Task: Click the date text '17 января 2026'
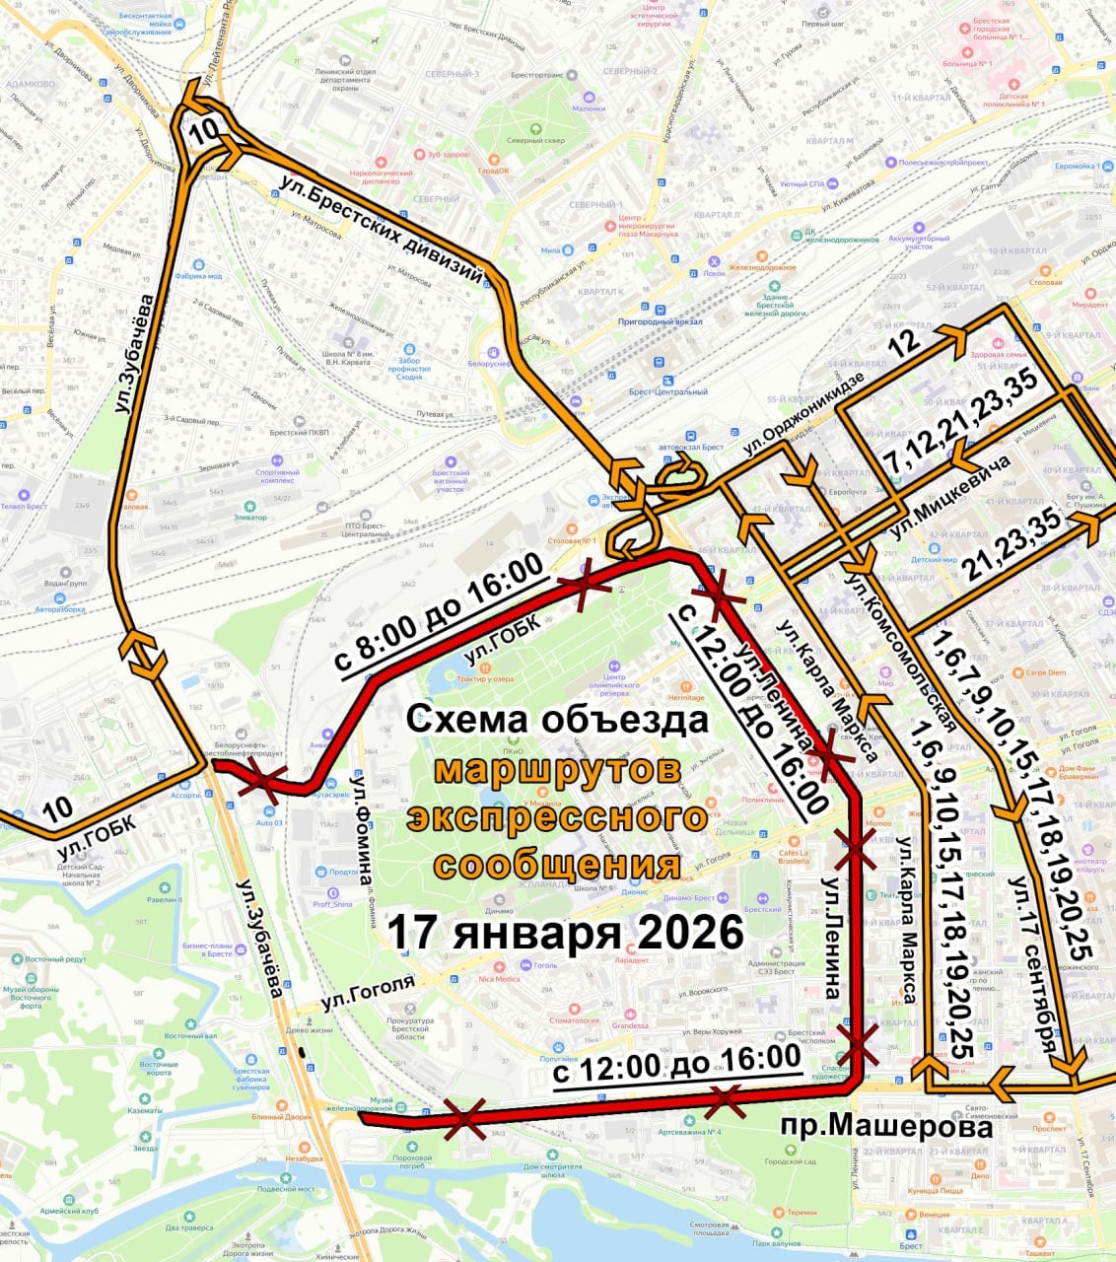pos(564,932)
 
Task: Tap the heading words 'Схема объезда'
pos(557,719)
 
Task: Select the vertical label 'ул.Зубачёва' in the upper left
pos(135,352)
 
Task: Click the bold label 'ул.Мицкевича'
pos(950,496)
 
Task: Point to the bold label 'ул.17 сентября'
pos(1031,967)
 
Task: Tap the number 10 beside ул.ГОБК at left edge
pos(57,808)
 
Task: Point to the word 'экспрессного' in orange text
pos(558,817)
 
